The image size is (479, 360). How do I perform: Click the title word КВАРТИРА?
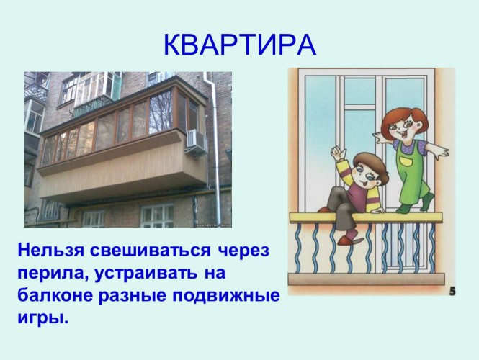[240, 45]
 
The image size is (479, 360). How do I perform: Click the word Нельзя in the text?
[50, 251]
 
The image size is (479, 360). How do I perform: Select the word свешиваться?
[151, 251]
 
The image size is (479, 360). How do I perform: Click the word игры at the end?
[42, 318]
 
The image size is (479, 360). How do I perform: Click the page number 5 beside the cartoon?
[452, 292]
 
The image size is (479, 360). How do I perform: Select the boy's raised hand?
[339, 153]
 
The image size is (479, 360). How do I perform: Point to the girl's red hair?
[403, 119]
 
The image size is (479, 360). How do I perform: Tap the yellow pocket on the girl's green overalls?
[406, 161]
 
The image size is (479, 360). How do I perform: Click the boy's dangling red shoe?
[348, 240]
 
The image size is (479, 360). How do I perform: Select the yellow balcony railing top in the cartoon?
[366, 217]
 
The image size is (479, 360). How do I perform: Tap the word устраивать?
[146, 274]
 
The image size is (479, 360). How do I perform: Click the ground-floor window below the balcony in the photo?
[157, 215]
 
